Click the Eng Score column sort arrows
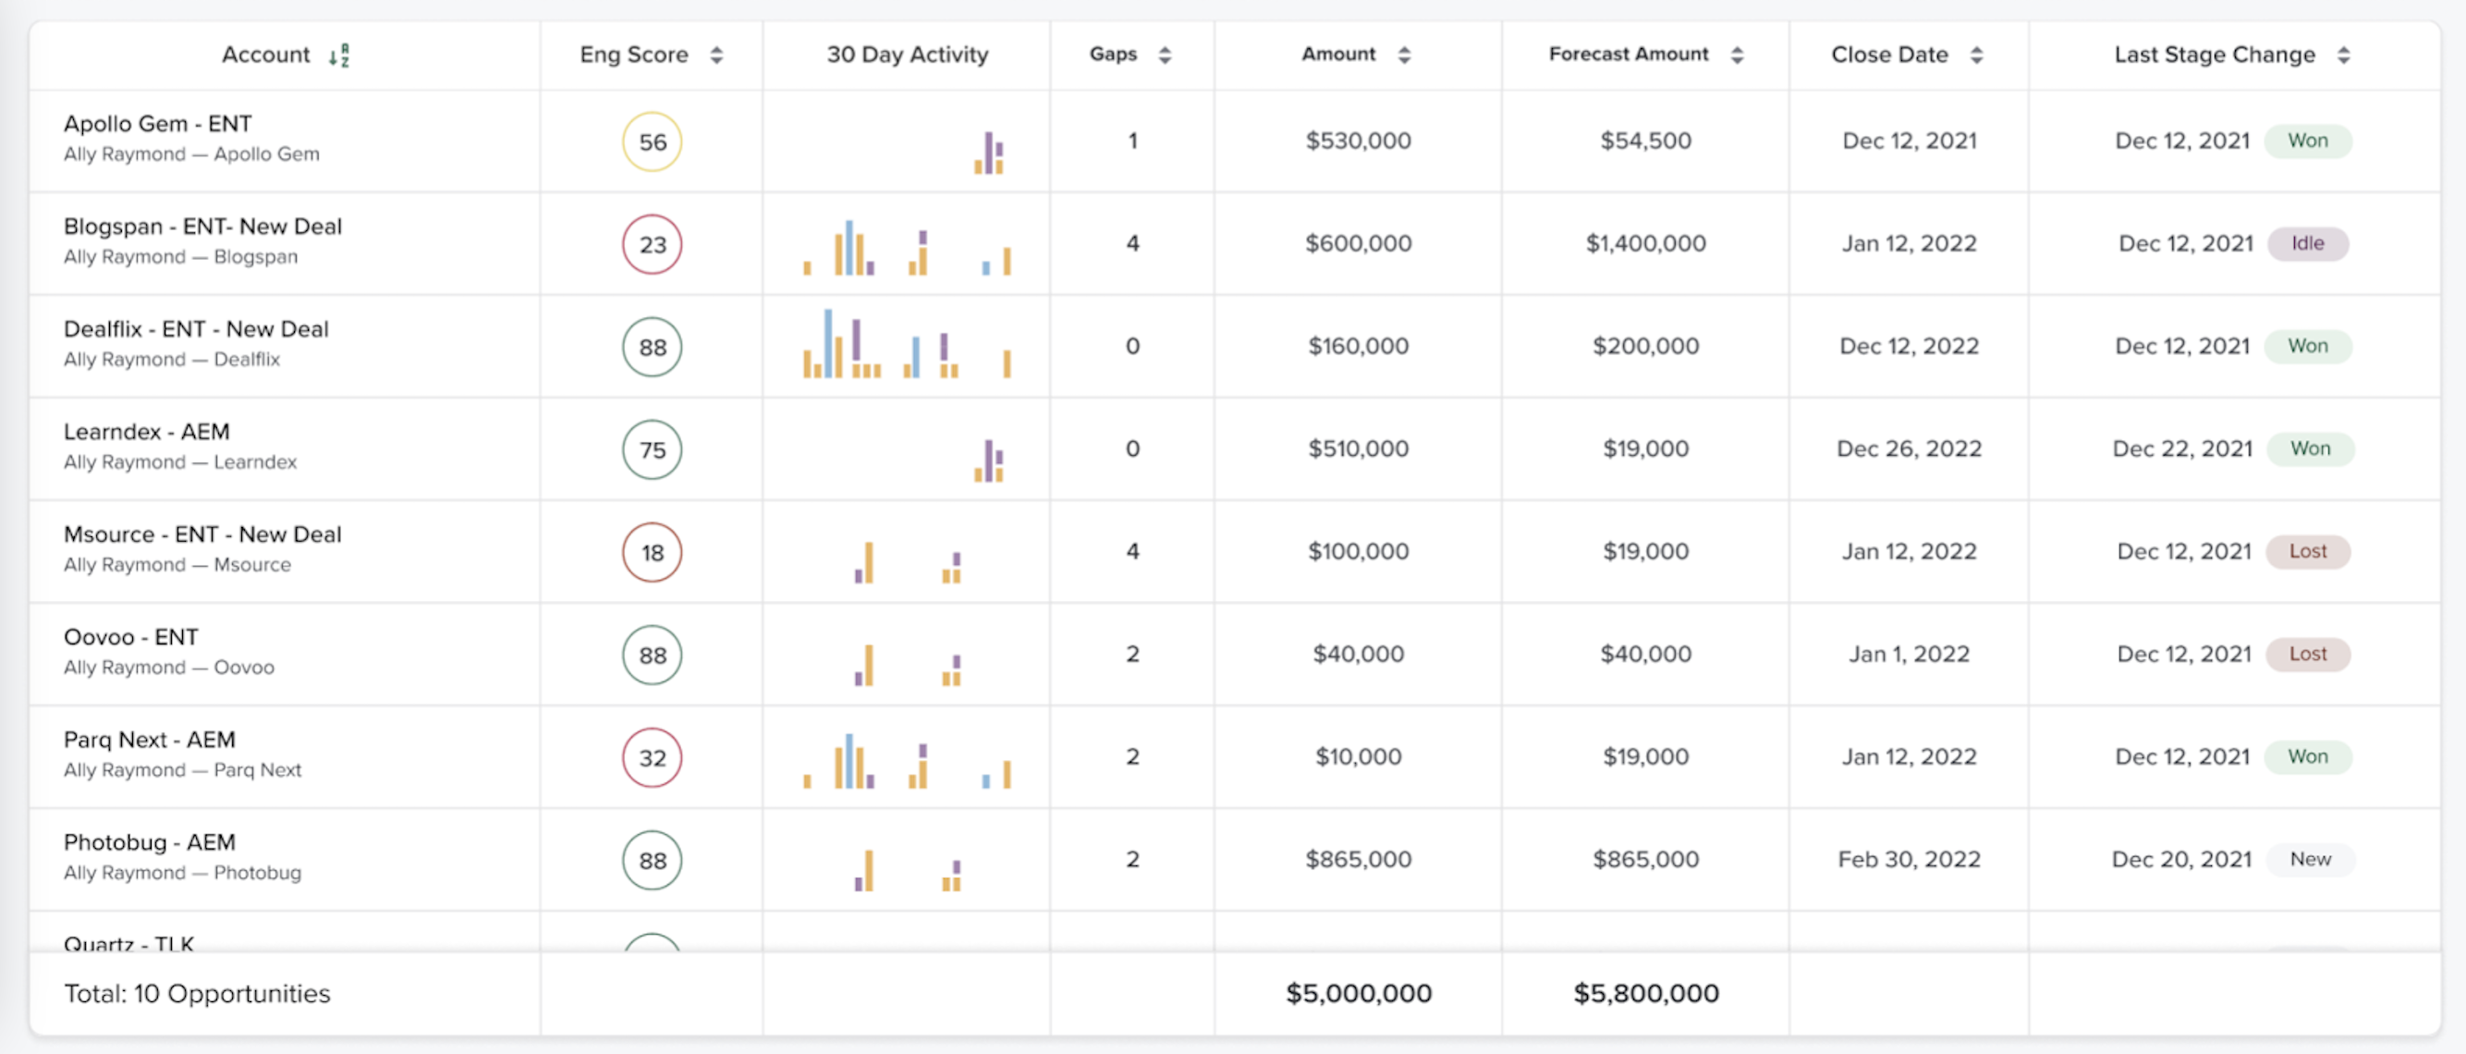click(x=716, y=55)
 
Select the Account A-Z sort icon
click(x=339, y=55)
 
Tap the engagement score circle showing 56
click(x=652, y=141)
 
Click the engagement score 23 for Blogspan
click(x=652, y=244)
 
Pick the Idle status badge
click(x=2307, y=243)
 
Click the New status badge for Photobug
click(x=2309, y=859)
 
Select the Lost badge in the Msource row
click(x=2307, y=551)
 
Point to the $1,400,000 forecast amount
click(x=1645, y=243)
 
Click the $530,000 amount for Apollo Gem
click(x=1358, y=141)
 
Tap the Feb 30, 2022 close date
click(x=1908, y=859)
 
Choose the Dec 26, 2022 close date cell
click(x=1908, y=448)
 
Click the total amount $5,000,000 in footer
click(x=1358, y=993)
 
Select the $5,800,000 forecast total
click(x=1645, y=993)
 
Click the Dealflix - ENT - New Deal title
click(x=196, y=328)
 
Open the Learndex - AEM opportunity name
click(x=146, y=432)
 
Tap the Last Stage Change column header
click(x=2214, y=55)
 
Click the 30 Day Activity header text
click(x=907, y=55)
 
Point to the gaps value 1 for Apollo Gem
click(x=1132, y=141)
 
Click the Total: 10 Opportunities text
click(x=197, y=993)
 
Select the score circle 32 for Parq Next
click(x=652, y=757)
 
